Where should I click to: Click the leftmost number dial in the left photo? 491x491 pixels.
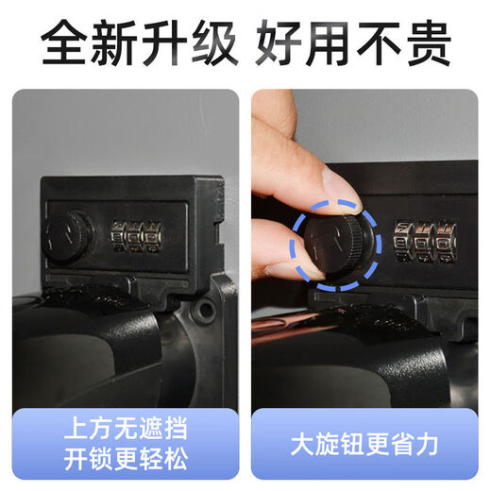(119, 237)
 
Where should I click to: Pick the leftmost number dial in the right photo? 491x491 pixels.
(401, 241)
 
